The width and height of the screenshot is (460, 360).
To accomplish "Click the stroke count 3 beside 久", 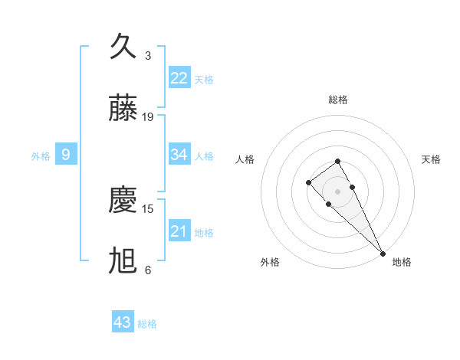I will tap(148, 56).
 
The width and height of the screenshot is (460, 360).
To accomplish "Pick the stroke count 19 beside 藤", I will tap(148, 117).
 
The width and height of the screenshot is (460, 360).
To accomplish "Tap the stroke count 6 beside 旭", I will tap(148, 270).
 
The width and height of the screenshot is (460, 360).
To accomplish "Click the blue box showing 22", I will tap(179, 78).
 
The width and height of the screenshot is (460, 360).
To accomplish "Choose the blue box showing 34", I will tap(179, 155).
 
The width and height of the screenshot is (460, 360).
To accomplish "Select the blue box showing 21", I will tap(179, 231).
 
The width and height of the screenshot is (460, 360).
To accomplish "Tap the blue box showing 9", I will tap(66, 155).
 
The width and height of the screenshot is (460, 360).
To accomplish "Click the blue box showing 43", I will tap(123, 322).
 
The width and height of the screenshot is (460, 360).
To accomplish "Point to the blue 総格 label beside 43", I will tap(147, 324).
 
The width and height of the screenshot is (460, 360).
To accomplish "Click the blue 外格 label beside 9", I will tap(41, 156).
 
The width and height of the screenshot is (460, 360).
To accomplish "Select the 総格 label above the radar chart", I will tap(337, 100).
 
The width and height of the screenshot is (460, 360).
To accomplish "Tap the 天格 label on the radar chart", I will tap(431, 159).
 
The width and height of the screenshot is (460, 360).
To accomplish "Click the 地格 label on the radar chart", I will tap(402, 262).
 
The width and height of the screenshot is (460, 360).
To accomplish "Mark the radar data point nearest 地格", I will tap(383, 253).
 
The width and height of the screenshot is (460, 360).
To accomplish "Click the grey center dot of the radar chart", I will tap(337, 190).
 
